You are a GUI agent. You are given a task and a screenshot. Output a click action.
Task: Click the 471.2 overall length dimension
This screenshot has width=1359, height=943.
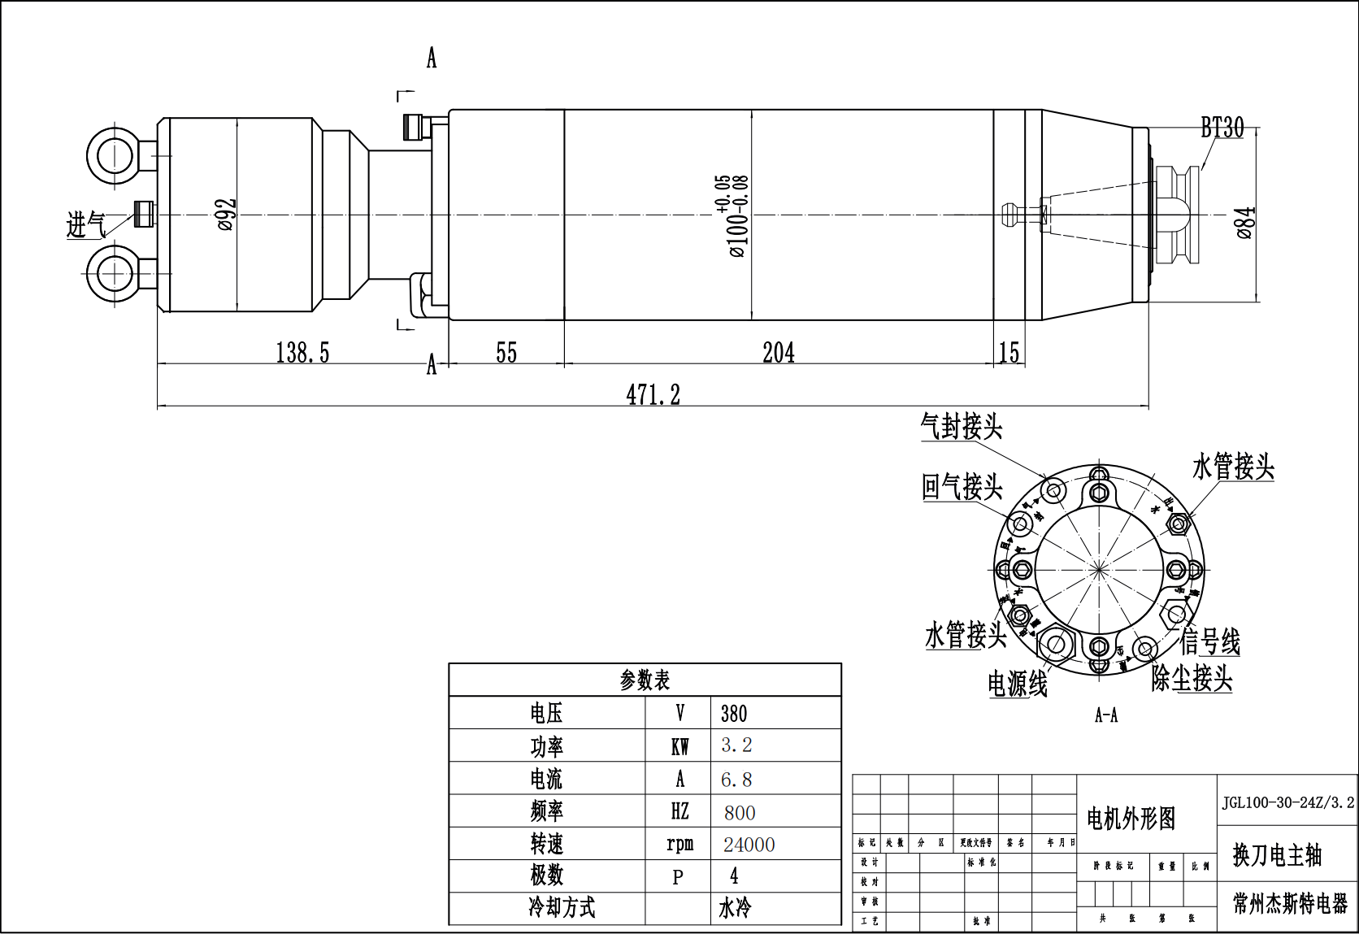click(x=653, y=395)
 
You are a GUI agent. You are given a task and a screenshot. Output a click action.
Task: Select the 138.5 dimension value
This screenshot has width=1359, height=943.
click(x=302, y=353)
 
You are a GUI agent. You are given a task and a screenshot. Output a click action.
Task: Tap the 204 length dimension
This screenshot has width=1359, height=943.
click(x=778, y=353)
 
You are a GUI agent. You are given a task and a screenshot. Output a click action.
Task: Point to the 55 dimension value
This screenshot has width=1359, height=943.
click(x=506, y=353)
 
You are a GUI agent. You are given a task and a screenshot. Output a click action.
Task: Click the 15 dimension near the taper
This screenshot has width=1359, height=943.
click(x=1009, y=353)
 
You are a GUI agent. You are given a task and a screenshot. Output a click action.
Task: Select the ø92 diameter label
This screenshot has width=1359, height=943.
click(x=227, y=215)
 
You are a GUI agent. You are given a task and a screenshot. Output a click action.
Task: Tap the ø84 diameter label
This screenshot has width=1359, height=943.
click(x=1245, y=223)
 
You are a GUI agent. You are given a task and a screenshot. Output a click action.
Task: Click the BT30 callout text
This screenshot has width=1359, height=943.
click(x=1222, y=128)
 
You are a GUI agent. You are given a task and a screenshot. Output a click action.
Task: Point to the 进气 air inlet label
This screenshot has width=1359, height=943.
click(x=85, y=225)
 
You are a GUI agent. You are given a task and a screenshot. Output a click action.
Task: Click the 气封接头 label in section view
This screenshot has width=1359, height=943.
click(x=962, y=427)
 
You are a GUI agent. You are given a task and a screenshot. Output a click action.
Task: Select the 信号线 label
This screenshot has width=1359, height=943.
click(x=1210, y=641)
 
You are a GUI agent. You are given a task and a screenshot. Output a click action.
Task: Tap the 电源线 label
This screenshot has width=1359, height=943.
click(x=1018, y=684)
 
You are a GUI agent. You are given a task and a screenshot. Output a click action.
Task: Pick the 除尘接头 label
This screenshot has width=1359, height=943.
click(x=1192, y=678)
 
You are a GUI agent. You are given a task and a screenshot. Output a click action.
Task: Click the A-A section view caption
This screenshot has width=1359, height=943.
click(x=1106, y=715)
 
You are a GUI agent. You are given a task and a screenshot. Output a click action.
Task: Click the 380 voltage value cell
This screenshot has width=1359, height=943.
click(x=734, y=714)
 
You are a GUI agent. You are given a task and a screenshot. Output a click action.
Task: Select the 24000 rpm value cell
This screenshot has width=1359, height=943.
click(x=749, y=845)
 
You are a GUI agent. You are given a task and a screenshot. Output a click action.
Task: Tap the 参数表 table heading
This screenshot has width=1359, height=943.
click(x=645, y=680)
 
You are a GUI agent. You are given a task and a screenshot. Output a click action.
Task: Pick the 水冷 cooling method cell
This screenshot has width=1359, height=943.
click(x=735, y=908)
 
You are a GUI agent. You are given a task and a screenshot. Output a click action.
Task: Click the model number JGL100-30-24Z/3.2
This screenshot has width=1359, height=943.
click(x=1287, y=802)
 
